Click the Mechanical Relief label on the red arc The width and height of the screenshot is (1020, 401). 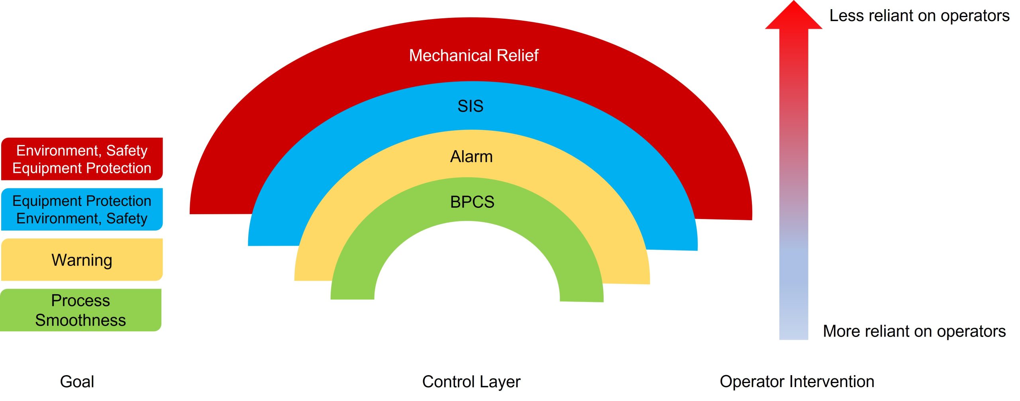473,55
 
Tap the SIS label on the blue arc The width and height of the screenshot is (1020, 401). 470,106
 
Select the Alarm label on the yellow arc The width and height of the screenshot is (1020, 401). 471,156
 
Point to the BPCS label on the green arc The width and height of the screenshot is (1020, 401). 472,202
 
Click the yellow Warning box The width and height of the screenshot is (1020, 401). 82,260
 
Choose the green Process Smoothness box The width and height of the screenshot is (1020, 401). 80,310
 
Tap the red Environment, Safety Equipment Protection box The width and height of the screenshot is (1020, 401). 82,159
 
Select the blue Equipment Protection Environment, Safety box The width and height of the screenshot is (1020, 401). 82,209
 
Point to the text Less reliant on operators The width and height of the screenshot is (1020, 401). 919,16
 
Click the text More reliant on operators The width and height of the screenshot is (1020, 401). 914,331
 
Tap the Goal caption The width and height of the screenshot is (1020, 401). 77,381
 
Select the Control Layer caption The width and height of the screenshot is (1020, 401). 471,381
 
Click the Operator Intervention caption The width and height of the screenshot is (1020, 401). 797,381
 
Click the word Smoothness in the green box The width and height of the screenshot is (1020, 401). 80,320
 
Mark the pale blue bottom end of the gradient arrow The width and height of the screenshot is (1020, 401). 793,331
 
